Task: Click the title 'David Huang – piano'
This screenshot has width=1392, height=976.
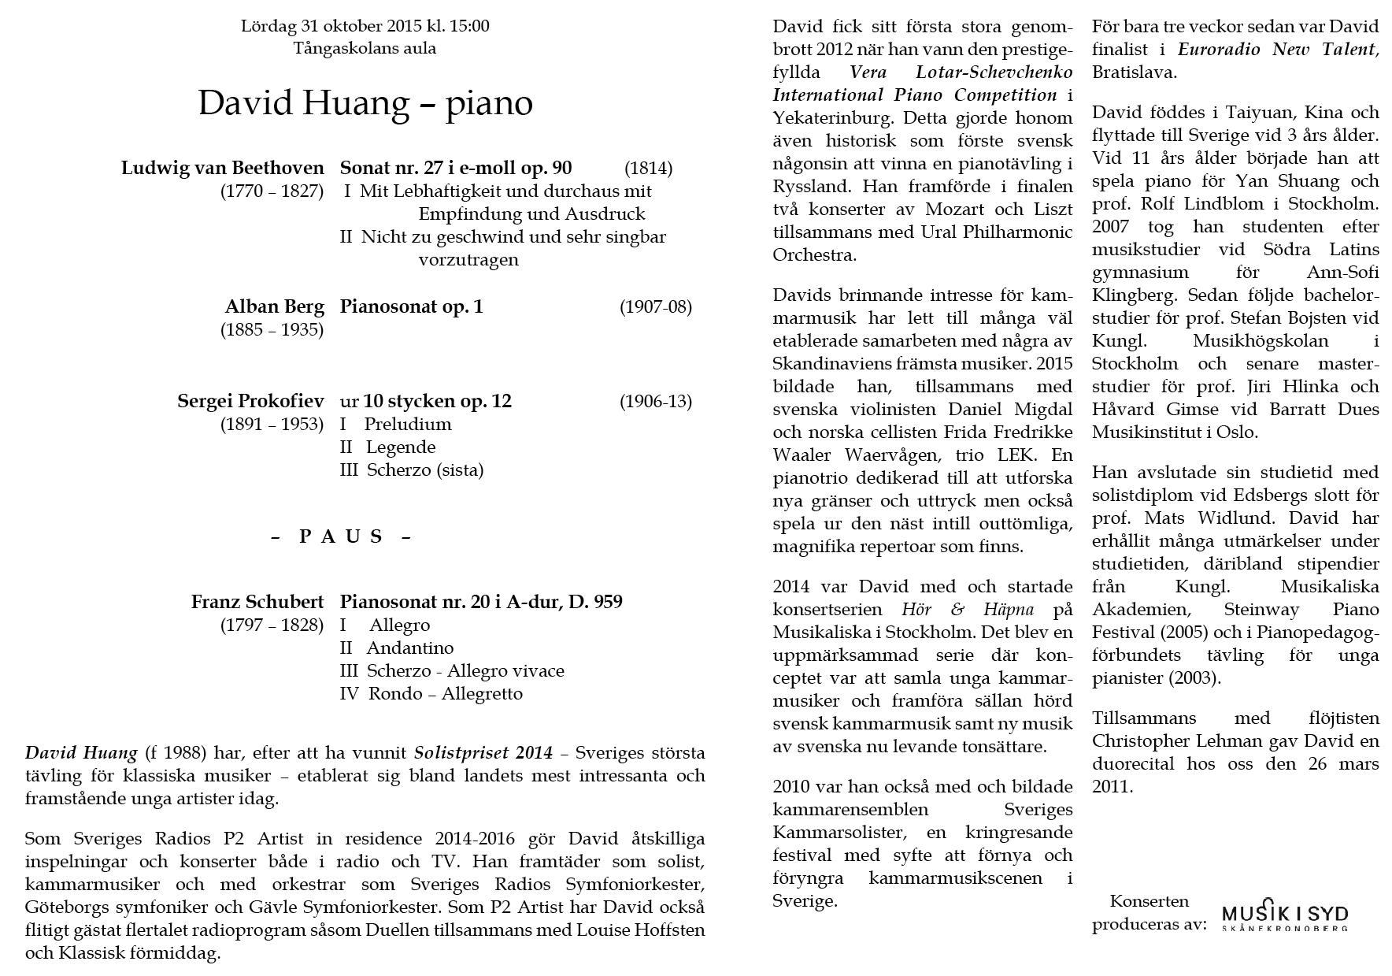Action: click(x=365, y=103)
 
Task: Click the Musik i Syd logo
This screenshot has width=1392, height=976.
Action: click(x=1284, y=915)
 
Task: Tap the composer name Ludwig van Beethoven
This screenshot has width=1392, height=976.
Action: click(x=223, y=168)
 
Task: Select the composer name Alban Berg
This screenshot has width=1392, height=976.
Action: click(x=275, y=306)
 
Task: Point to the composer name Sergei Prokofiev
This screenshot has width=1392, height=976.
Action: click(x=250, y=401)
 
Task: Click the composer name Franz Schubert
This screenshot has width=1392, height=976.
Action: click(x=257, y=602)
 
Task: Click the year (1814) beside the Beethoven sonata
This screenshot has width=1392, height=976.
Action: click(x=648, y=169)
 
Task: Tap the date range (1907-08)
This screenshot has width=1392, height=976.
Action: click(x=655, y=307)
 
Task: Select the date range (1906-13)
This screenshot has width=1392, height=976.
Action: click(x=655, y=402)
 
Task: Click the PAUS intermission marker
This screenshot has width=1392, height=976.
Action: click(x=342, y=537)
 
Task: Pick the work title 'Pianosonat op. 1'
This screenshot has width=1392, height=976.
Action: click(x=411, y=306)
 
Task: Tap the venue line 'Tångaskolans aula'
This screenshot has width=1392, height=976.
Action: click(x=365, y=48)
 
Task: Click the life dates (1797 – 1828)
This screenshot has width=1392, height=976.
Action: click(x=272, y=625)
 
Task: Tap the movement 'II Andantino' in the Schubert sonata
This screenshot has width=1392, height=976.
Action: click(x=397, y=648)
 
